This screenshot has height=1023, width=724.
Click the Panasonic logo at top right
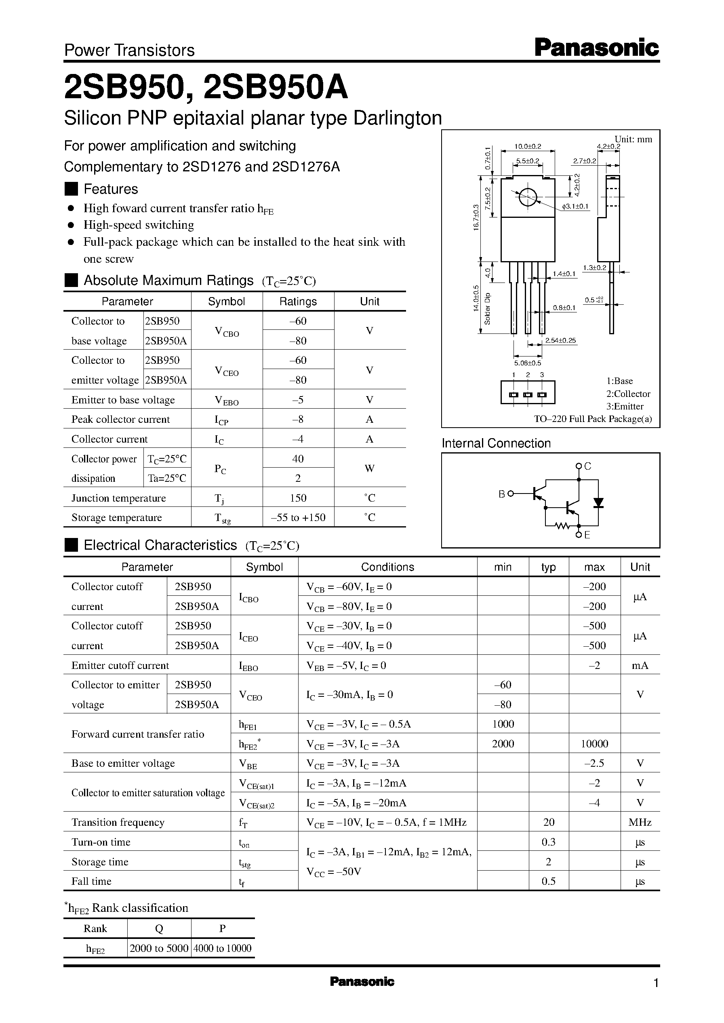tap(596, 48)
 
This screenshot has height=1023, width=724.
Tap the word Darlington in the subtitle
tap(397, 118)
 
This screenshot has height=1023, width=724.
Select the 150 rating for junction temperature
tap(298, 498)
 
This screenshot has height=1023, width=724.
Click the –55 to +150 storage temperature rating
tap(298, 517)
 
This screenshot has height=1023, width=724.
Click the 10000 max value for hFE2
tap(594, 743)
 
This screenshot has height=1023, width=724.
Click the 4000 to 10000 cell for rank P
tap(222, 948)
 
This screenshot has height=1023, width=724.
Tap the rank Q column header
tap(159, 928)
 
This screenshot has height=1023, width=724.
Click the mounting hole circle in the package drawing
tap(528, 198)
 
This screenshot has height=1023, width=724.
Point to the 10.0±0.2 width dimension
tap(527, 146)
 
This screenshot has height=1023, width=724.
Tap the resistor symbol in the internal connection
tap(563, 526)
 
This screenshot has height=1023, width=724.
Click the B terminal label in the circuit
tap(501, 494)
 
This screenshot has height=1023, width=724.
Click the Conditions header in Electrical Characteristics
tap(387, 567)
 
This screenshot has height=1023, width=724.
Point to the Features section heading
tap(111, 189)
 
